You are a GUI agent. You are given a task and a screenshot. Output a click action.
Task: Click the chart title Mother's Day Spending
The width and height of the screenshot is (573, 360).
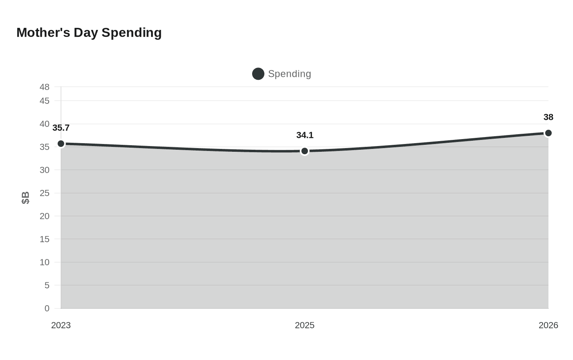[89, 33]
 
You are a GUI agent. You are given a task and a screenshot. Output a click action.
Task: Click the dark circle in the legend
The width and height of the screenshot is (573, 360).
[258, 74]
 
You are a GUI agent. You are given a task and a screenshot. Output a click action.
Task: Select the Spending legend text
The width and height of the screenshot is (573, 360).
[289, 74]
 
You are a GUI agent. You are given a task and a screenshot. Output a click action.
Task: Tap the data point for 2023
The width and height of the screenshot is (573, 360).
[61, 144]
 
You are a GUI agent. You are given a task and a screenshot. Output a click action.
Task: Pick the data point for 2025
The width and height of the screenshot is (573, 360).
[305, 151]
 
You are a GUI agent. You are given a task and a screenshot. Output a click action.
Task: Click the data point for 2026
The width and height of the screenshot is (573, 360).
[548, 133]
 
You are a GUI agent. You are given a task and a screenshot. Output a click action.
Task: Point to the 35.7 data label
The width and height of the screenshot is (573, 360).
[61, 128]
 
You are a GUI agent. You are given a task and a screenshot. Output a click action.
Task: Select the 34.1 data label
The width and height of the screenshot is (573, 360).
[305, 135]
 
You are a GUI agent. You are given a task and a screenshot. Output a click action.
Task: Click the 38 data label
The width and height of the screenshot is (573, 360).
[548, 117]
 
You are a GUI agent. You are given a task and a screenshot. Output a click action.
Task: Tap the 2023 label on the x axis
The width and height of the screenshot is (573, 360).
[61, 325]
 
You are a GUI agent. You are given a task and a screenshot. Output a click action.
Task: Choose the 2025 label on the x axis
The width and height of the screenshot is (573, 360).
[305, 325]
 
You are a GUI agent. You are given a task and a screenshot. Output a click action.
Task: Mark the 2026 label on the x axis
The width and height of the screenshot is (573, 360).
[548, 325]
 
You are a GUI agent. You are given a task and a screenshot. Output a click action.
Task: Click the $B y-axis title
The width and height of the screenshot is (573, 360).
[25, 198]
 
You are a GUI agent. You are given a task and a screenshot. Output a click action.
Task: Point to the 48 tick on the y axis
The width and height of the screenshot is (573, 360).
[45, 87]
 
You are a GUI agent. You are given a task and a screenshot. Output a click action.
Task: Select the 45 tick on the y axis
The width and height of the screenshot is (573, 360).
[45, 101]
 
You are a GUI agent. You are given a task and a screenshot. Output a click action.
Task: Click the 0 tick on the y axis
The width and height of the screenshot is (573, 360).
[47, 308]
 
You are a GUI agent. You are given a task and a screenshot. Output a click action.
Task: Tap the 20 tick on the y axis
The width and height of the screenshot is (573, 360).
[45, 216]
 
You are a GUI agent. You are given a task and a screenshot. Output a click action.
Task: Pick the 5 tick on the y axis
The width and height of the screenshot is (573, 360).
[47, 286]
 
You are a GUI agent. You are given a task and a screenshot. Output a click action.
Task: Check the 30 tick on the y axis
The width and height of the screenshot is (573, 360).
[45, 170]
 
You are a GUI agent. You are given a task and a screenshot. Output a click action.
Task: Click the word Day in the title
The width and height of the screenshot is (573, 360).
[86, 33]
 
